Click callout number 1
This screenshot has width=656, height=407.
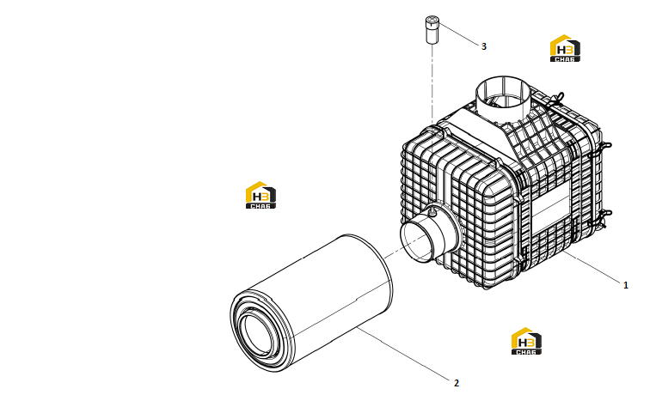coord(625,285)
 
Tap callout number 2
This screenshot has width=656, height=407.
coord(456,383)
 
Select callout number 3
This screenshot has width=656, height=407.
coord(484,46)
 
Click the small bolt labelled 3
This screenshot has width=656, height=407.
coord(432,29)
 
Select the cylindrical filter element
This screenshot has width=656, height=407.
coord(312,303)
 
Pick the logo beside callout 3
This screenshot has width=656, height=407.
coord(565,48)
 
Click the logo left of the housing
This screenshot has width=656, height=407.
coord(261,195)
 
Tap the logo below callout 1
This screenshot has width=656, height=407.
coord(526,341)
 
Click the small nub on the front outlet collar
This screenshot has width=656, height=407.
coord(432,213)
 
